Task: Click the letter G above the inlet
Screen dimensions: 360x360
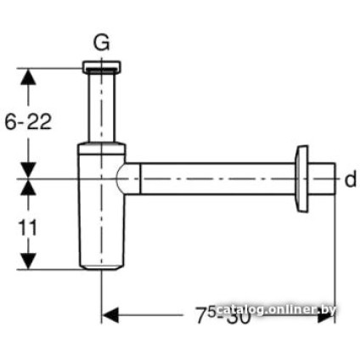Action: coord(101,43)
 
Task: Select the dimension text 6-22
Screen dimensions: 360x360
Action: coord(28,122)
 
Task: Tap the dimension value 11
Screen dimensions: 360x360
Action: coord(28,227)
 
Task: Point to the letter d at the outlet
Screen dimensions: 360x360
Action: coord(350,179)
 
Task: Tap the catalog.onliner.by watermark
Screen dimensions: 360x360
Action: coord(276,310)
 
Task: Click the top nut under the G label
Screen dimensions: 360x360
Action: coord(101,66)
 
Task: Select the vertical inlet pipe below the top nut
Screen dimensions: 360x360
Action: coord(101,106)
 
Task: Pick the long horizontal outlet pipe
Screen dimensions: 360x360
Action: coord(212,180)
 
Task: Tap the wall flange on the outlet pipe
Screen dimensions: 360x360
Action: coord(300,180)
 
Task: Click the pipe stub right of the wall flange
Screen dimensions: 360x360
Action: coord(321,180)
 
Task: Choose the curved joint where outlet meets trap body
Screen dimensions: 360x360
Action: coord(127,180)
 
